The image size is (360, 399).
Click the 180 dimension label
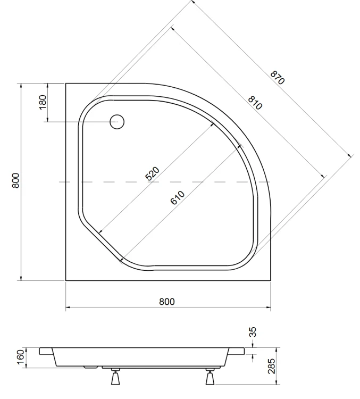pos(43,102)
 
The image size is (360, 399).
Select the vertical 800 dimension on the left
pos(16,181)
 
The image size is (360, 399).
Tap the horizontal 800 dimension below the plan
pos(167,301)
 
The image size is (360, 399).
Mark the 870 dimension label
pos(278,78)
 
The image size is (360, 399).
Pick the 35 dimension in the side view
pos(253,333)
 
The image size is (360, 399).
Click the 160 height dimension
pos(21,355)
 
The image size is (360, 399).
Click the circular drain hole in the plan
pos(116,122)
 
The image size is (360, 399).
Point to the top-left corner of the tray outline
pos(66,83)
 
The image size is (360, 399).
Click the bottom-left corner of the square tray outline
pos(66,280)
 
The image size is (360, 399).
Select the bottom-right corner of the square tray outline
pos(270,280)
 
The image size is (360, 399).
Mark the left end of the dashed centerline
pos(60,182)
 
